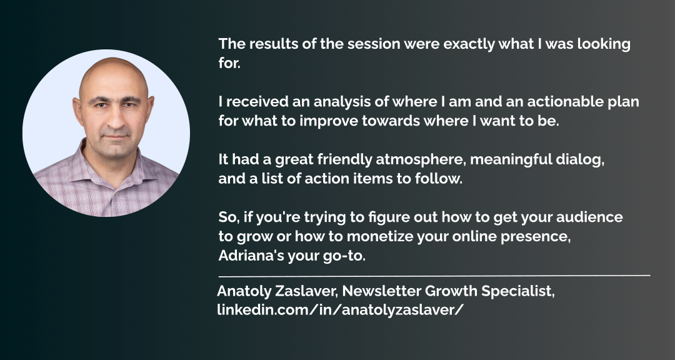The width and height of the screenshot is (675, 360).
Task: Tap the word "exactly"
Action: click(x=469, y=44)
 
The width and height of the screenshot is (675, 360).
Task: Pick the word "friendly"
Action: click(x=344, y=160)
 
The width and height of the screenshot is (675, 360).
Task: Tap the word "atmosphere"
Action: click(x=421, y=160)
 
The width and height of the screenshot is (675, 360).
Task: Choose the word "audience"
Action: click(x=589, y=217)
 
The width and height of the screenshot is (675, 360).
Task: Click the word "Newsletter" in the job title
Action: click(x=382, y=291)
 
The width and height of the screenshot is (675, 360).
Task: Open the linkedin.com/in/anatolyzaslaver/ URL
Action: click(x=341, y=310)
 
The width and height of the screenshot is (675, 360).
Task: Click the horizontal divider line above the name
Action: click(x=434, y=275)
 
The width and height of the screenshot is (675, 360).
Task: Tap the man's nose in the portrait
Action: click(x=116, y=120)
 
